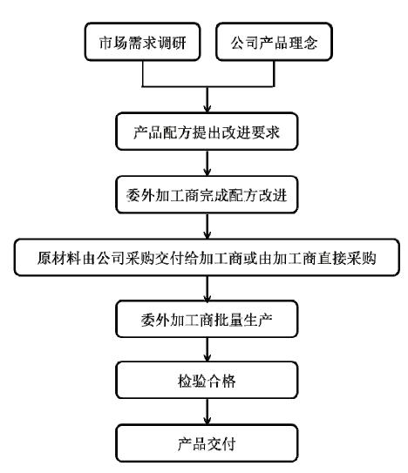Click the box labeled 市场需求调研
pos(143,43)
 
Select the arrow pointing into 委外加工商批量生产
pos(206,290)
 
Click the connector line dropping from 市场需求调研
pos(143,74)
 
